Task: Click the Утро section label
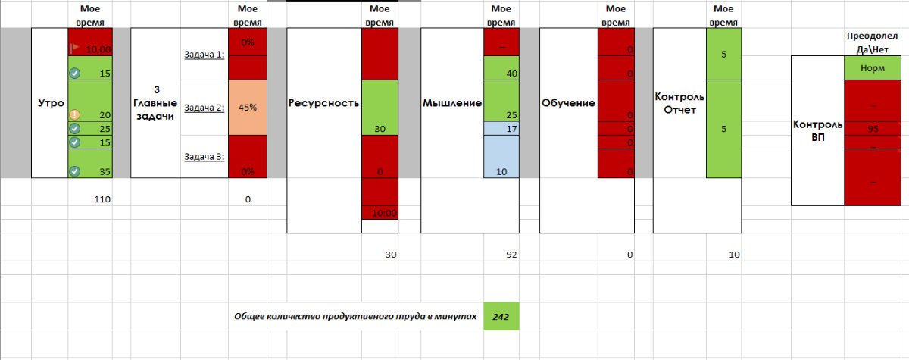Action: coord(45,103)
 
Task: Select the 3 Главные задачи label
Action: coord(156,102)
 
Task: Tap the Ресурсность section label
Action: coord(323,103)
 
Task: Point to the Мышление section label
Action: coord(452,103)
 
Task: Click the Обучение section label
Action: coord(568,103)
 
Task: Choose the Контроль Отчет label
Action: coord(679,103)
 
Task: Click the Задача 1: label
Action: coord(204,55)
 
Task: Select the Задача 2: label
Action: coord(204,108)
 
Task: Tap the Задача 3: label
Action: coord(204,157)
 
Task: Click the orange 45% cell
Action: coord(248,108)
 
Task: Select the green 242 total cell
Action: coord(501,316)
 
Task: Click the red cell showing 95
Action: coord(873,129)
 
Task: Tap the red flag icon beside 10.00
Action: coord(74,48)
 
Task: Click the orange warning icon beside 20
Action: coord(74,114)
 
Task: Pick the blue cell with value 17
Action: coord(501,129)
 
